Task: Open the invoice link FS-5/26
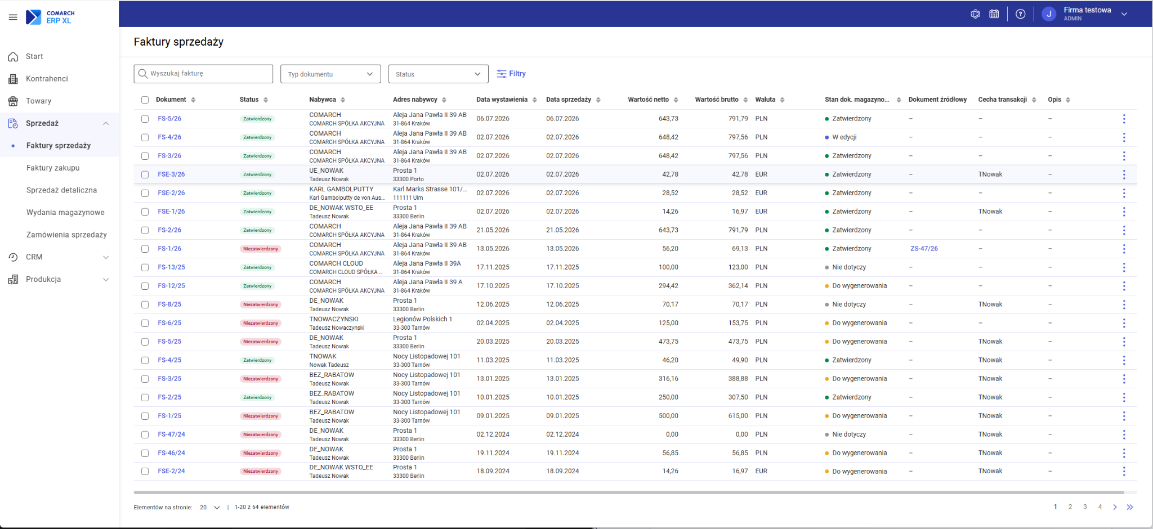pyautogui.click(x=169, y=119)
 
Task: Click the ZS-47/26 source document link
pyautogui.click(x=924, y=249)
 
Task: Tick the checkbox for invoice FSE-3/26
pyautogui.click(x=145, y=174)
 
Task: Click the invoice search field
pyautogui.click(x=203, y=74)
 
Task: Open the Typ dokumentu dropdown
pyautogui.click(x=330, y=74)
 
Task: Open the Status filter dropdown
pyautogui.click(x=438, y=74)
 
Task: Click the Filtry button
pyautogui.click(x=511, y=74)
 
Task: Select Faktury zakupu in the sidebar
pyautogui.click(x=53, y=168)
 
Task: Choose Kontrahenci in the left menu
pyautogui.click(x=47, y=79)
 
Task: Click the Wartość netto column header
pyautogui.click(x=649, y=100)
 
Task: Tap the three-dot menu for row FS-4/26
pyautogui.click(x=1124, y=137)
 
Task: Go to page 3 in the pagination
pyautogui.click(x=1085, y=507)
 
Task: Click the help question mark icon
pyautogui.click(x=1020, y=14)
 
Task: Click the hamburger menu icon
pyautogui.click(x=13, y=17)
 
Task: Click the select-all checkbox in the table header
pyautogui.click(x=145, y=100)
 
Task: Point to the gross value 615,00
pyautogui.click(x=738, y=416)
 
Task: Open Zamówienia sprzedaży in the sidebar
pyautogui.click(x=66, y=235)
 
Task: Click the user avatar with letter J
pyautogui.click(x=1048, y=14)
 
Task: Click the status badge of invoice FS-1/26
pyautogui.click(x=260, y=249)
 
